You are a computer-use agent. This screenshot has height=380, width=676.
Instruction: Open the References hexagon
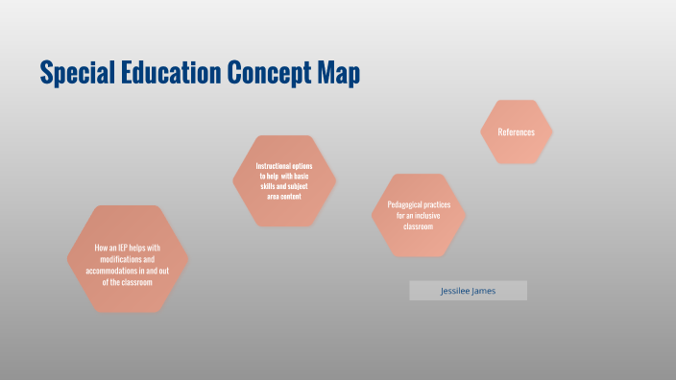pyautogui.click(x=517, y=131)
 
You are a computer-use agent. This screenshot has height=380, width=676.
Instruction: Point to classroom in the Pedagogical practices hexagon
pyautogui.click(x=419, y=226)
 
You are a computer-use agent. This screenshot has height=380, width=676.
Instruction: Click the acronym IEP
pyautogui.click(x=125, y=249)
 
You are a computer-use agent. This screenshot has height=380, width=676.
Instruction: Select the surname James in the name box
pyautogui.click(x=484, y=291)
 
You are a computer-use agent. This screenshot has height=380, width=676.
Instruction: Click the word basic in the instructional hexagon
pyautogui.click(x=312, y=177)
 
